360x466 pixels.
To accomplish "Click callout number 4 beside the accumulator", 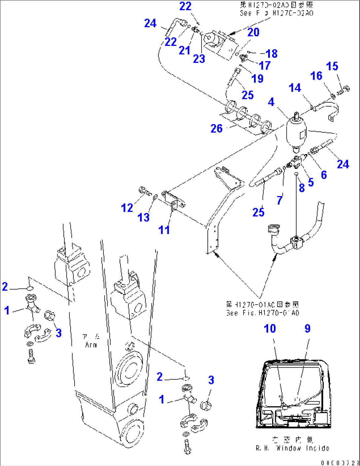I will click(x=271, y=102).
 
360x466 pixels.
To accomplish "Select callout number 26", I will click(x=217, y=129).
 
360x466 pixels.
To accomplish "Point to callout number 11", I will click(x=164, y=230).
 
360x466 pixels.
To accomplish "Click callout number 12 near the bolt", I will click(x=127, y=208).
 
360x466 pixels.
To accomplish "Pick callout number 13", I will click(x=144, y=217).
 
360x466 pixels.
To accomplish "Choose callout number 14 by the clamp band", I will click(x=295, y=88).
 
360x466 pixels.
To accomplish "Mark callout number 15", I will click(x=332, y=66).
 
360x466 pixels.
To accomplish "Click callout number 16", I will click(x=316, y=76).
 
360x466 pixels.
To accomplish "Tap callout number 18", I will click(x=271, y=53).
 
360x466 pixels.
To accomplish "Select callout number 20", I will click(x=253, y=32).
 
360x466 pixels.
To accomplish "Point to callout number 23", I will click(x=199, y=59).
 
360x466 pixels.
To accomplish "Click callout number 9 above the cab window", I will click(x=307, y=328).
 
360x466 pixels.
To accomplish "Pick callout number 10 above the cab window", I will click(x=270, y=328).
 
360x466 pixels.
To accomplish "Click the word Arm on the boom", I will click(x=91, y=345).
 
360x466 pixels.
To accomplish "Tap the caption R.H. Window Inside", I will click(x=292, y=448).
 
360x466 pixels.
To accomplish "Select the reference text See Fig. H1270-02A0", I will click(x=276, y=13).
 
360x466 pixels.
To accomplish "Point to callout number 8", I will click(x=302, y=188).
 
